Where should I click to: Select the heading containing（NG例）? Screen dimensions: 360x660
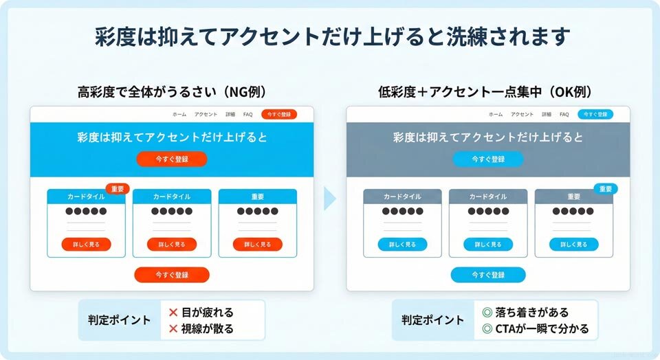tap(172, 91)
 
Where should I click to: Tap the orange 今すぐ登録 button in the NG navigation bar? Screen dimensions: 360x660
tap(279, 115)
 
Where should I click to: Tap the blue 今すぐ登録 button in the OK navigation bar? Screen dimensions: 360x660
tap(595, 115)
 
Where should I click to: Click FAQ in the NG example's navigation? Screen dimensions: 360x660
tap(248, 115)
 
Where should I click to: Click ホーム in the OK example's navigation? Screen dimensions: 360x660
tap(496, 115)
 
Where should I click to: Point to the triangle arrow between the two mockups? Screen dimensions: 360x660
tap(330, 199)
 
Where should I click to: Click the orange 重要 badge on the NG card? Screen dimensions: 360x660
tap(117, 189)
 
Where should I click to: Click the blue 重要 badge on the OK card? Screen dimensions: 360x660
tap(605, 189)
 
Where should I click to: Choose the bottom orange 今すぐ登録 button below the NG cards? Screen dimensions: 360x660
tap(172, 275)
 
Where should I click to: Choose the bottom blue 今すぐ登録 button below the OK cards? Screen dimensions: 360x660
tap(488, 275)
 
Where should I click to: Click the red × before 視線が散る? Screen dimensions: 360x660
tap(173, 329)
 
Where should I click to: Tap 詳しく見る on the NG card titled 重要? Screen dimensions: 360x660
tap(258, 245)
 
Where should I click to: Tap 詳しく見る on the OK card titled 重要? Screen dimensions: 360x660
tap(574, 245)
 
